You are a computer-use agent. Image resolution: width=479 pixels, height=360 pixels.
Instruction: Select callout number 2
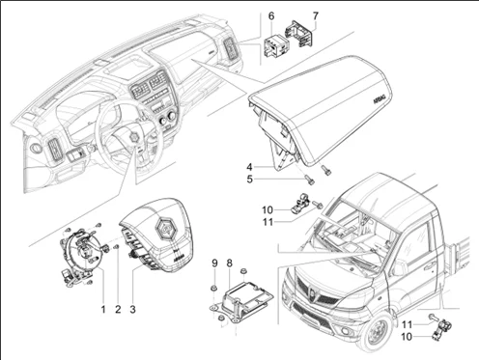click(118, 309)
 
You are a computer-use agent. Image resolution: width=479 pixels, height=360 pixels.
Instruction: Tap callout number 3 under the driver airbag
click(133, 309)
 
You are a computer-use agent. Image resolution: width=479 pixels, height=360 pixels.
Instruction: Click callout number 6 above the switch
click(271, 16)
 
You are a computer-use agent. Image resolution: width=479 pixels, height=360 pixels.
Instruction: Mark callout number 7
click(315, 16)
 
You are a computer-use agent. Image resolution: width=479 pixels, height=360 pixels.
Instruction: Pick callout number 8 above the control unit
click(229, 263)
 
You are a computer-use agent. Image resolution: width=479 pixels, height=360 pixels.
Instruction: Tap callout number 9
click(213, 263)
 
